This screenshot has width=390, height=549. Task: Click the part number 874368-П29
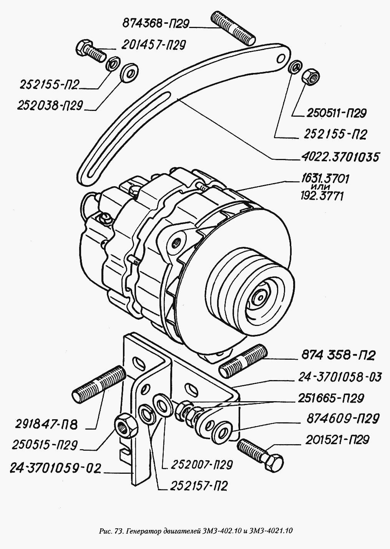[156, 24]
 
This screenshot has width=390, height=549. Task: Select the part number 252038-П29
[50, 106]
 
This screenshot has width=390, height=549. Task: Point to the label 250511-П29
[336, 113]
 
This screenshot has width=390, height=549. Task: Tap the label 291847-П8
[46, 425]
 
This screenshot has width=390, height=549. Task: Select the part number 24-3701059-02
[55, 469]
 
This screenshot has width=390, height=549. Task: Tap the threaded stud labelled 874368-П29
[233, 28]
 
